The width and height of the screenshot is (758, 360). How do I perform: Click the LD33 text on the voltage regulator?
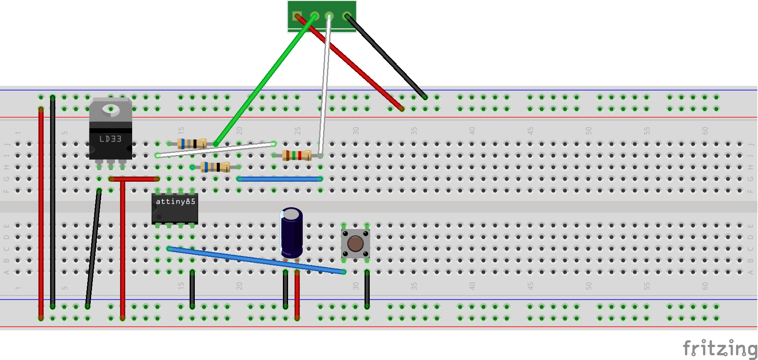click(110, 139)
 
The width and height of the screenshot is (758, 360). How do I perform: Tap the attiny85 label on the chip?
click(175, 202)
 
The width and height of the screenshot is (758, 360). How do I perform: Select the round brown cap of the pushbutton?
click(355, 243)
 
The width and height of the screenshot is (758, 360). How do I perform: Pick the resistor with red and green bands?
click(297, 155)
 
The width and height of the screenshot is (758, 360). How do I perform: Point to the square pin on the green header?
click(297, 16)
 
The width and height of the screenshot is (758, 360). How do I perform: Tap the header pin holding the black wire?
click(347, 16)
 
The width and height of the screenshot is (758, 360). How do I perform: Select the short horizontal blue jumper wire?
click(280, 179)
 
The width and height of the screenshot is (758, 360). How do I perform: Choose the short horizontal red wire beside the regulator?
click(134, 179)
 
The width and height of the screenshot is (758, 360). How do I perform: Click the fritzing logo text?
click(719, 348)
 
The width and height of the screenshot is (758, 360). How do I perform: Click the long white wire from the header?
click(325, 82)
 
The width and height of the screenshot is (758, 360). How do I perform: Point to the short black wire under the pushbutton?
click(367, 289)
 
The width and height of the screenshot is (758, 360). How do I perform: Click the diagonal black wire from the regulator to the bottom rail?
click(93, 248)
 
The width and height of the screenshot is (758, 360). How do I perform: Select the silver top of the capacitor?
click(292, 214)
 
